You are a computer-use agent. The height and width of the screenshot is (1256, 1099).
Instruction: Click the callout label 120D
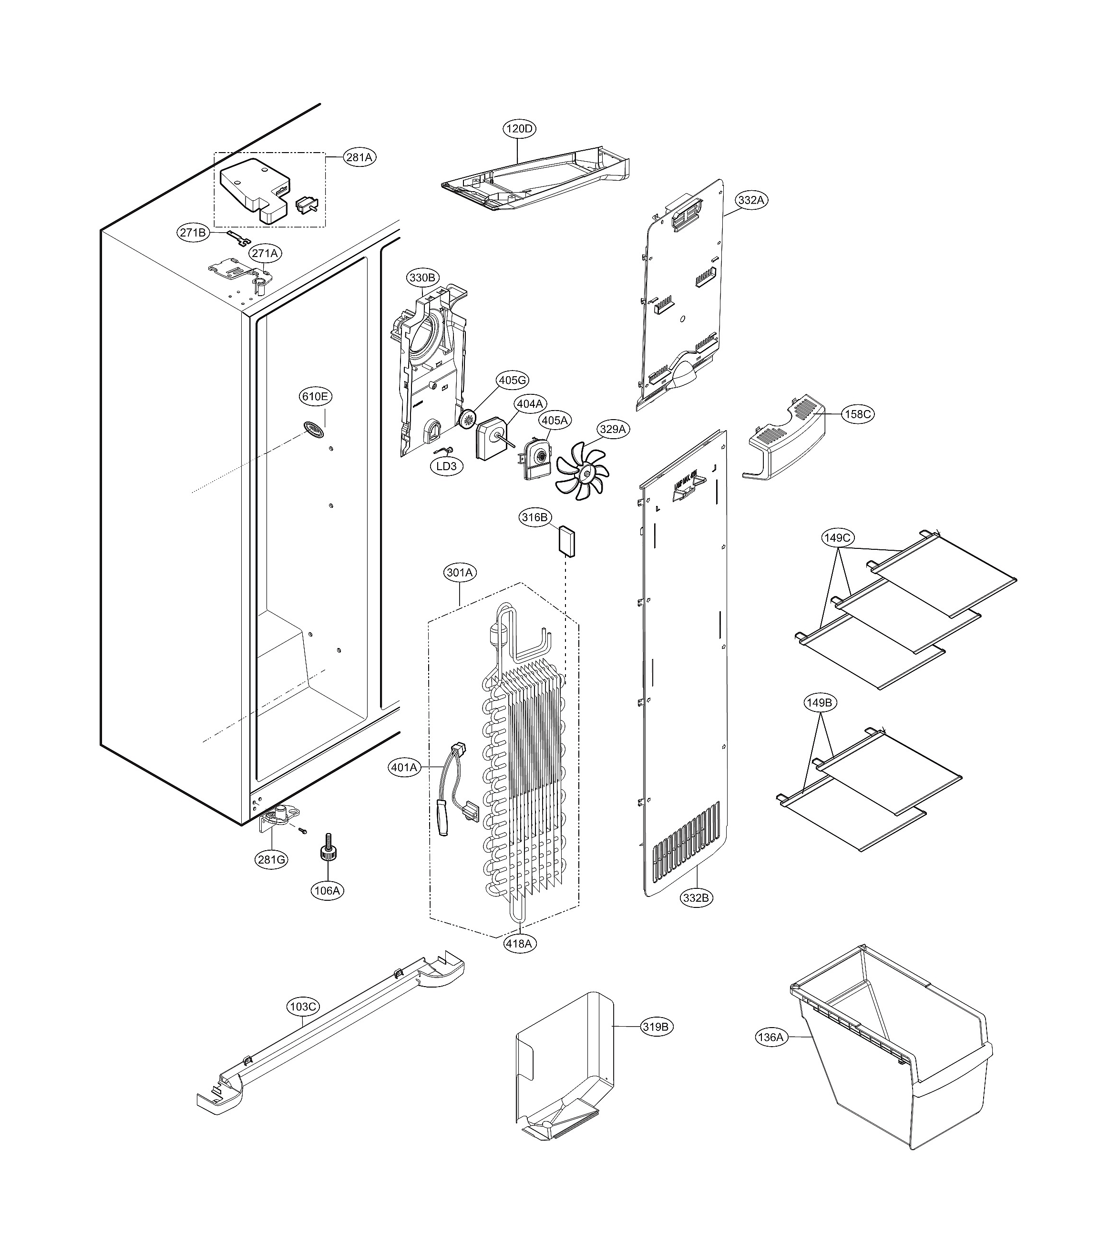(519, 129)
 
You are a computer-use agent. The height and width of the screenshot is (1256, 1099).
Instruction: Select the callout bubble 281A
(359, 157)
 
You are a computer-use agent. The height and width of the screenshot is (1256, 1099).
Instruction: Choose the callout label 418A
(519, 943)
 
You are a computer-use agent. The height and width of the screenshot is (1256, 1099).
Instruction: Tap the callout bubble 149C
(837, 538)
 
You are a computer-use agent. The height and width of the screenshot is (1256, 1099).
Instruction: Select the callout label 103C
(303, 1007)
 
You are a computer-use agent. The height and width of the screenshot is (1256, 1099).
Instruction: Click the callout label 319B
(656, 1027)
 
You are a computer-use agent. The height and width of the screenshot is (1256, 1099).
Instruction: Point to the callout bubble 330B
(422, 278)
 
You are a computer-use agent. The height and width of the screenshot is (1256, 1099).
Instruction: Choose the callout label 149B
(819, 703)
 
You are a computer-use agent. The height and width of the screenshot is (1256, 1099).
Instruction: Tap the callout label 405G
(513, 380)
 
